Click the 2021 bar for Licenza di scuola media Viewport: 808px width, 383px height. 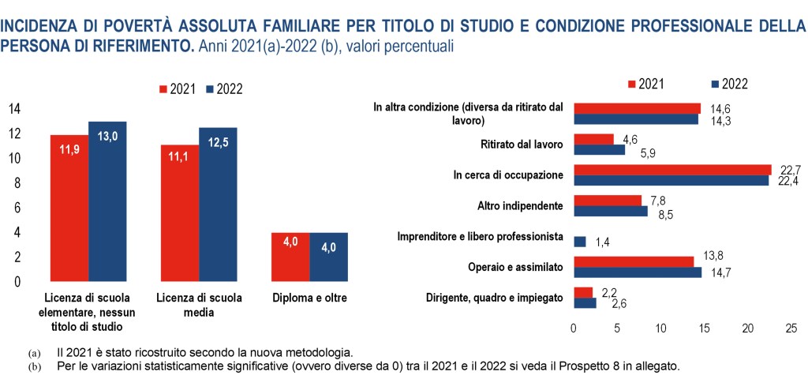pyautogui.click(x=179, y=213)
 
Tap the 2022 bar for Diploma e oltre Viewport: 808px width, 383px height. pyautogui.click(x=328, y=257)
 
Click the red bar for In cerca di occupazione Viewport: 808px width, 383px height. pyautogui.click(x=671, y=170)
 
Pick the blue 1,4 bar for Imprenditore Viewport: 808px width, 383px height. pyautogui.click(x=579, y=242)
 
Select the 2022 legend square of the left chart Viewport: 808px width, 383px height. pyautogui.click(x=210, y=89)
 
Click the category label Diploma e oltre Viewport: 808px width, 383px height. pyautogui.click(x=309, y=298)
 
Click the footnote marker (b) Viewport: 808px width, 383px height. pyautogui.click(x=33, y=367)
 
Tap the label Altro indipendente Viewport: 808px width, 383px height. pyautogui.click(x=520, y=205)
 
